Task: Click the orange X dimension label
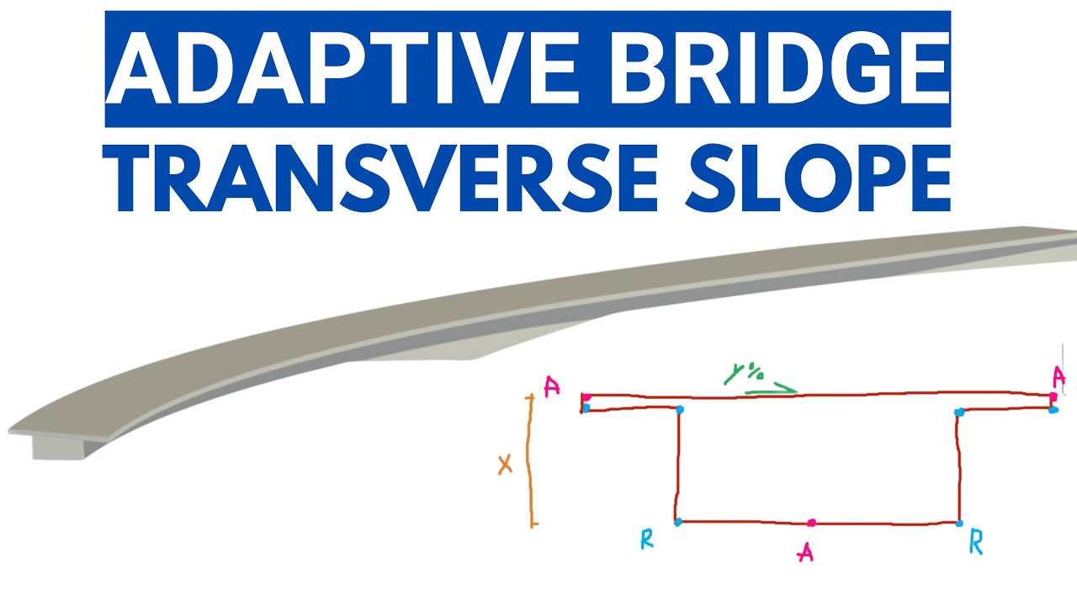click(x=505, y=465)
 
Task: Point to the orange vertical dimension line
click(x=531, y=460)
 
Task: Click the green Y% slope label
click(x=743, y=373)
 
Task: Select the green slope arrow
click(x=771, y=389)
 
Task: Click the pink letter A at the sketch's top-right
click(x=1058, y=377)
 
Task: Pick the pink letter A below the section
click(x=805, y=553)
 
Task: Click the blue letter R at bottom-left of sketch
click(x=647, y=540)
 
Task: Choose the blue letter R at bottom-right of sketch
click(x=975, y=542)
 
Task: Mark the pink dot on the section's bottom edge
click(x=812, y=523)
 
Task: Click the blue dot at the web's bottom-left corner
click(x=678, y=522)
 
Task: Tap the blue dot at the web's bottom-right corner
click(x=959, y=524)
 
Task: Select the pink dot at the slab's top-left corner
click(x=586, y=397)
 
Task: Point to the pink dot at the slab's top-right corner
click(x=1053, y=396)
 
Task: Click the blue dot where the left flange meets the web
click(x=680, y=409)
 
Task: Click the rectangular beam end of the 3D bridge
click(x=59, y=448)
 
